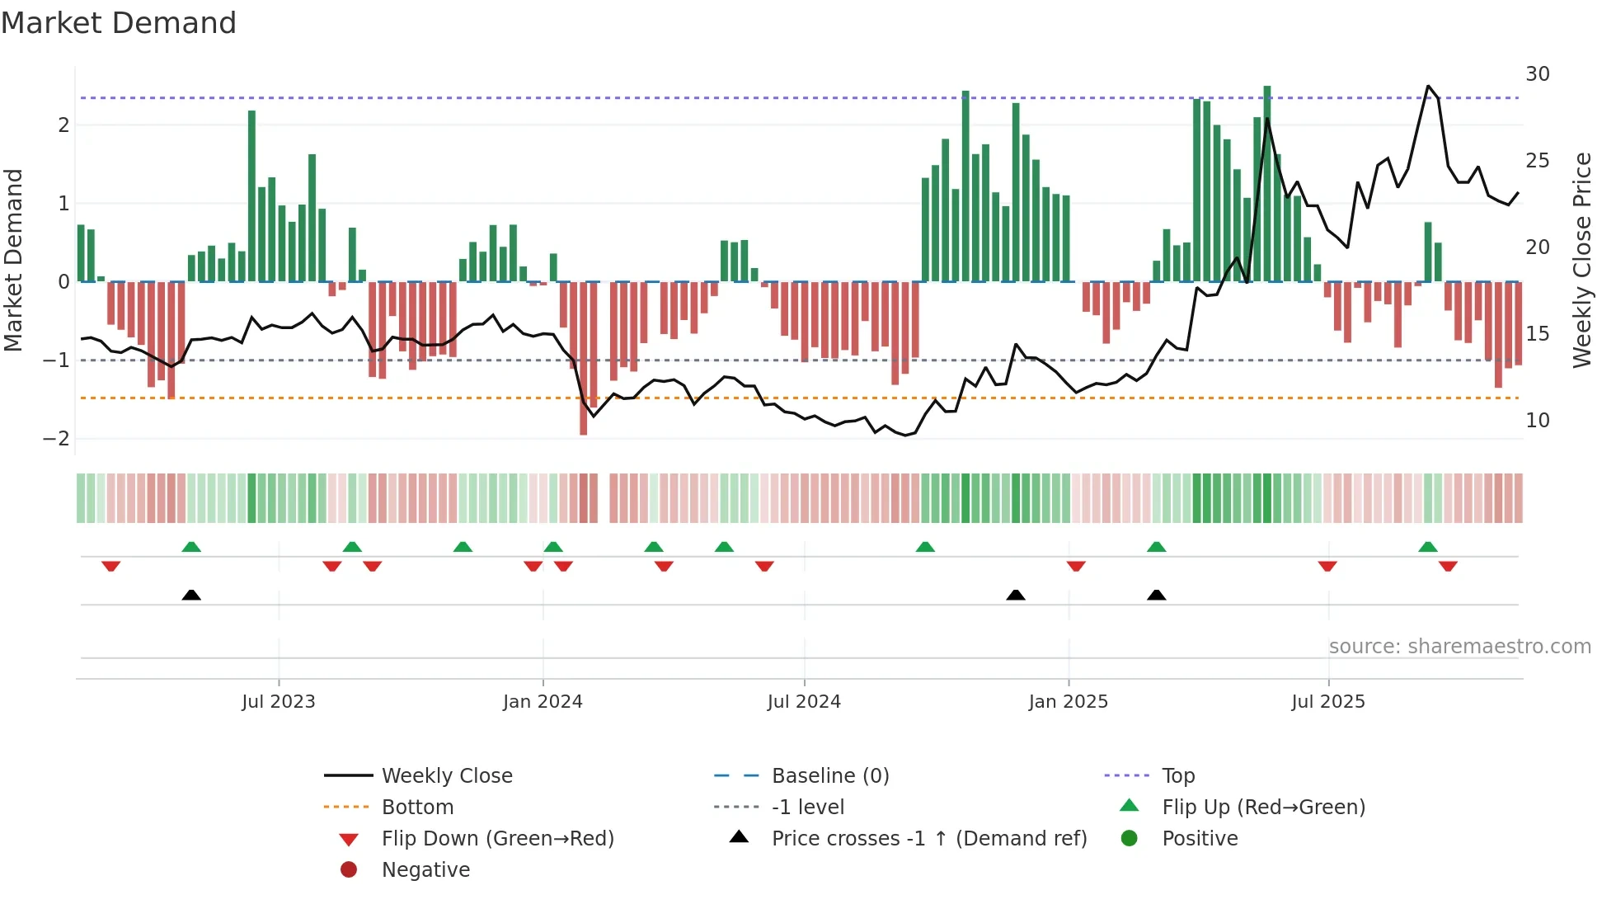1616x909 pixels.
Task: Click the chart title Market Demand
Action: click(119, 23)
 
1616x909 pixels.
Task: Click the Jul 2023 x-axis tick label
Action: click(279, 702)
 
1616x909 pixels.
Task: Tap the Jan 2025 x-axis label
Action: click(1069, 702)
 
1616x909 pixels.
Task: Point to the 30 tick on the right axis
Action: click(1537, 74)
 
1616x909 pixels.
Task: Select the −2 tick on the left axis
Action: click(56, 439)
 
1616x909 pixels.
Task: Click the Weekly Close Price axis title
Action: click(1581, 260)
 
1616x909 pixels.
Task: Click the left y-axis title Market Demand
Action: click(13, 260)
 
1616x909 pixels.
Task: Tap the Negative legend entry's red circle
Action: click(349, 870)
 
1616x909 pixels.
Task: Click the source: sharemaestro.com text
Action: click(1459, 647)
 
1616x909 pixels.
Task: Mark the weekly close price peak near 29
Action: click(1428, 87)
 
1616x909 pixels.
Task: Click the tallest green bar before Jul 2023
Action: click(251, 196)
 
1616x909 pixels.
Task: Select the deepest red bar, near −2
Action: click(584, 359)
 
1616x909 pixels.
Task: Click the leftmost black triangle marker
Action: click(191, 595)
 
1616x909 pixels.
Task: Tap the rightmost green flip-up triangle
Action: click(1428, 547)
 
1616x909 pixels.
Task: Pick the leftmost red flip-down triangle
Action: click(111, 566)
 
